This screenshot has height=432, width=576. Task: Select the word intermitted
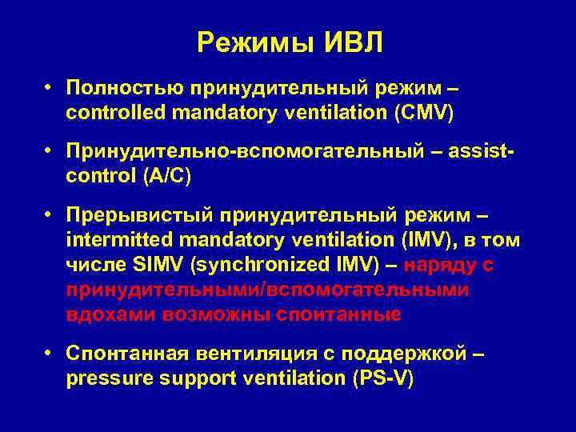pyautogui.click(x=112, y=239)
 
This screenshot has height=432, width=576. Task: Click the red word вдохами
pyautogui.click(x=111, y=314)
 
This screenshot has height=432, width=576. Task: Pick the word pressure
pyautogui.click(x=103, y=378)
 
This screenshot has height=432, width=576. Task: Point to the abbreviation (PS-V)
pyautogui.click(x=382, y=378)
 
